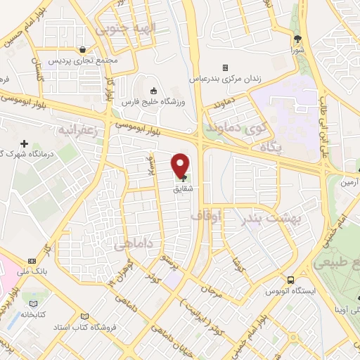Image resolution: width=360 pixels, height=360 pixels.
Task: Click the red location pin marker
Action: coord(180,167)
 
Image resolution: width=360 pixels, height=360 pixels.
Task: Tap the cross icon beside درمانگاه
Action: coord(23,143)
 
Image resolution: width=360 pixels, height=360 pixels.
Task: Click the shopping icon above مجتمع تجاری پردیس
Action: coord(84,50)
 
